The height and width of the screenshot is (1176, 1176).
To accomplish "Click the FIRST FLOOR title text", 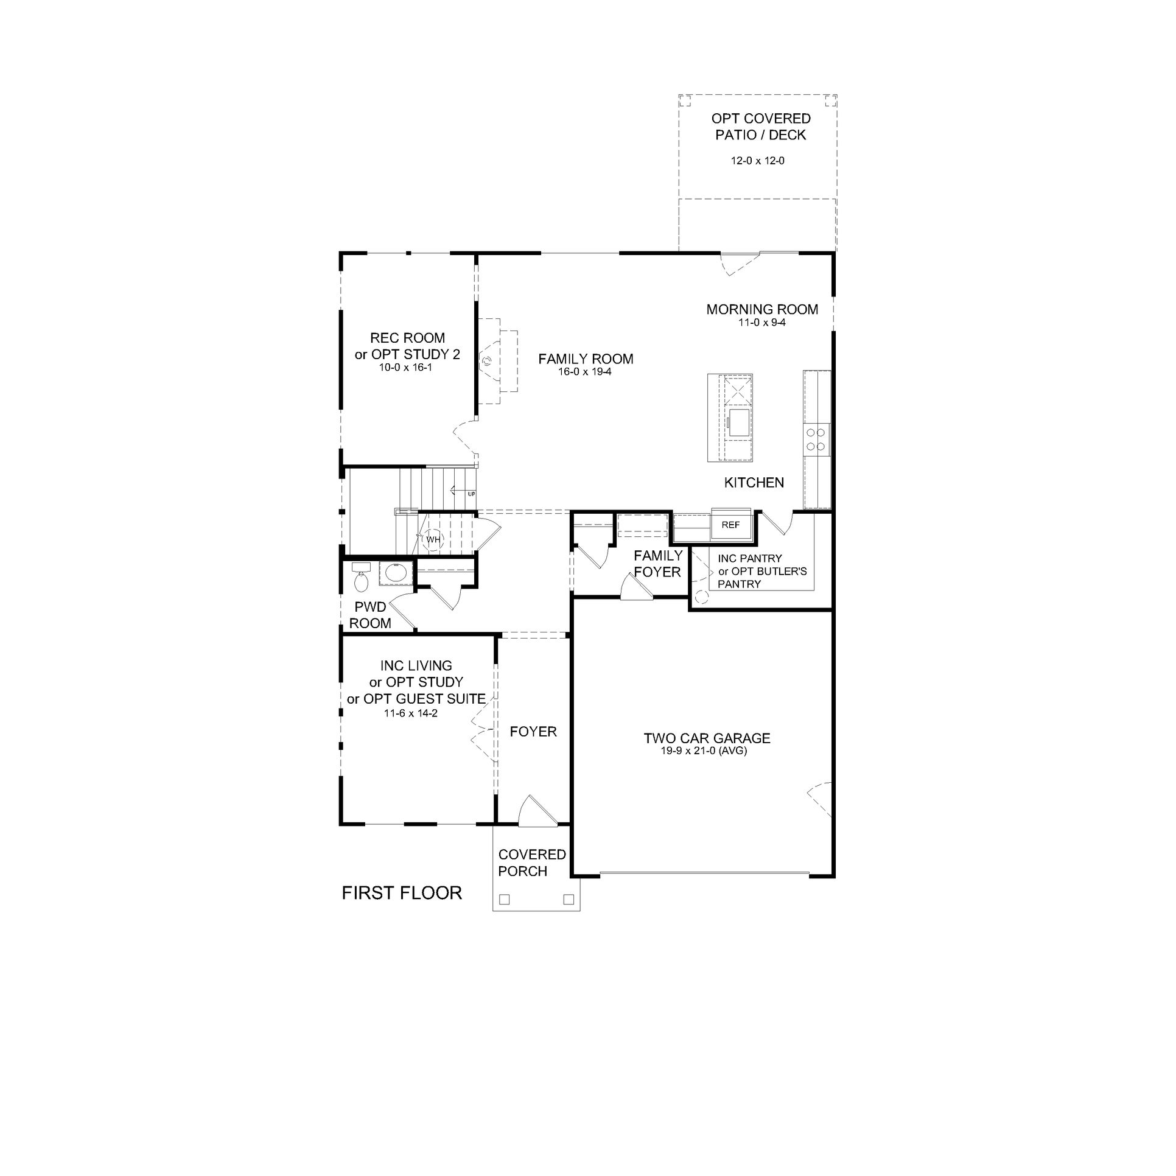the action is point(402,893).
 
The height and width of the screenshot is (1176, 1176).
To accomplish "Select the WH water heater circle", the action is point(432,539).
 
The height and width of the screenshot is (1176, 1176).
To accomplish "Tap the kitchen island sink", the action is point(739,422).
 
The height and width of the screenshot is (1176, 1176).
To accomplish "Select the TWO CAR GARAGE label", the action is point(707,738).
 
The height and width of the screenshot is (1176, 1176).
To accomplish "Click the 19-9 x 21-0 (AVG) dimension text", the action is point(704,751).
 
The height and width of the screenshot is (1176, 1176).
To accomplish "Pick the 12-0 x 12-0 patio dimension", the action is point(757,161).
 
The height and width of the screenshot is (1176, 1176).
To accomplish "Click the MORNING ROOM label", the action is point(762,309).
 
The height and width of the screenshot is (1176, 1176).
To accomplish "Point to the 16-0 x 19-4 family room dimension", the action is point(584,371).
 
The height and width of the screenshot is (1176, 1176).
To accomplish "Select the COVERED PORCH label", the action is point(531,863).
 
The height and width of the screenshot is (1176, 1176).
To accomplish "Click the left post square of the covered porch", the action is point(504,899).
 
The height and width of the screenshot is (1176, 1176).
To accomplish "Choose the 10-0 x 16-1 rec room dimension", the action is point(405,368).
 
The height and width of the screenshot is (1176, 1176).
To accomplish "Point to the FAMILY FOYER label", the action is point(657,564).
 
